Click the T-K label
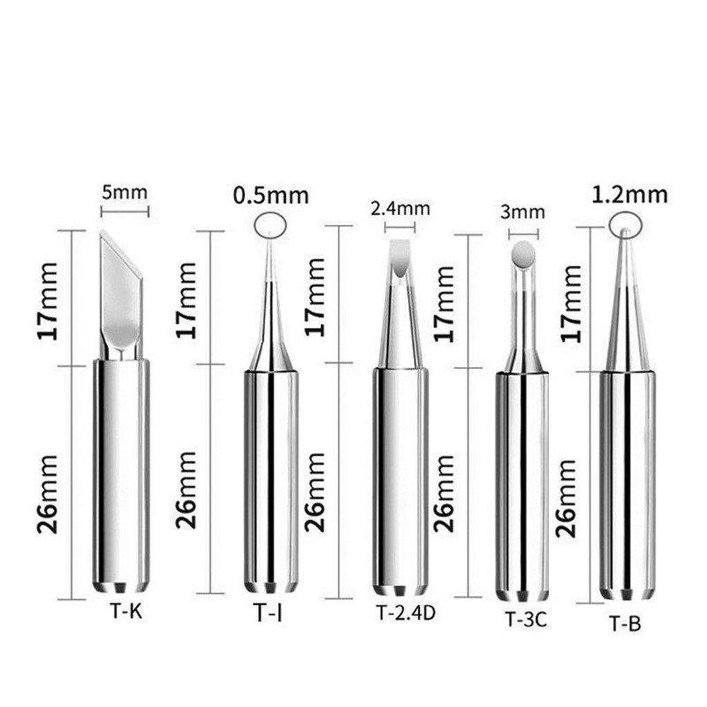126,612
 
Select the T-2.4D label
406,613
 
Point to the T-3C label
525,619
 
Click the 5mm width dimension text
124,193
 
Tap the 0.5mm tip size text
271,195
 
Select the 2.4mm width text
400,209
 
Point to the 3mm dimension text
523,212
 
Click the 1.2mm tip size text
630,195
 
